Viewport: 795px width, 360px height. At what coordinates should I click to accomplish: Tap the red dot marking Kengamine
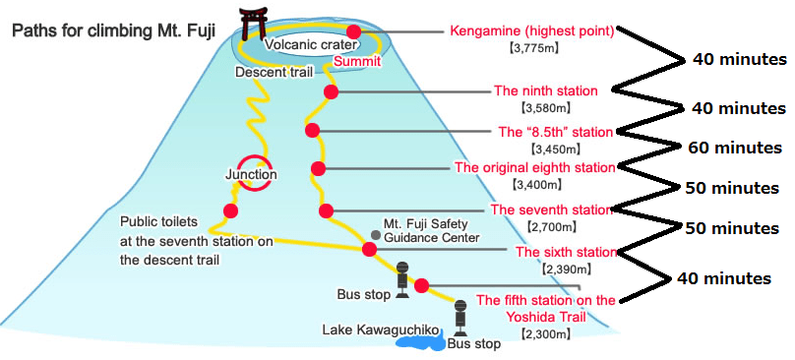[x=354, y=31]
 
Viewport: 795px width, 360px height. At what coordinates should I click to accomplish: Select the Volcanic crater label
[x=311, y=44]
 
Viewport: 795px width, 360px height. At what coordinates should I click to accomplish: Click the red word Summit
[x=356, y=61]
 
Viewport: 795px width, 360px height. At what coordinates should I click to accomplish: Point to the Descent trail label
[x=273, y=72]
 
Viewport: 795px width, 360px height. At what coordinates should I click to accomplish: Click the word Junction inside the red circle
[x=252, y=174]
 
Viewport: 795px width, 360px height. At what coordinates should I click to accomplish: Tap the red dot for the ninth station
[x=331, y=92]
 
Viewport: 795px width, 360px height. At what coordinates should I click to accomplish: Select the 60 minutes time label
[x=735, y=148]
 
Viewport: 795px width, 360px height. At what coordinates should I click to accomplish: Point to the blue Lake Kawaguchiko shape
[x=420, y=340]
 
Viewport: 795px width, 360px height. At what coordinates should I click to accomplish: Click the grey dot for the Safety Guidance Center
[x=376, y=235]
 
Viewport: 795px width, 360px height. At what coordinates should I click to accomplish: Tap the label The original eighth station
[x=535, y=167]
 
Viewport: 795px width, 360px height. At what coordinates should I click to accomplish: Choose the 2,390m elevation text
[x=566, y=270]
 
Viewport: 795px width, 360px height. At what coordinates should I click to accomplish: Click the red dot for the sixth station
[x=369, y=249]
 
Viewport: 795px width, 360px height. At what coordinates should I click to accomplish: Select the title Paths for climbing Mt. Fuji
[x=113, y=31]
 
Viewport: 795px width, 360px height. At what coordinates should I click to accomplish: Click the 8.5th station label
[x=556, y=133]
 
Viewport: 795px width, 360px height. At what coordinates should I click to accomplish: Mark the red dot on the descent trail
[x=230, y=210]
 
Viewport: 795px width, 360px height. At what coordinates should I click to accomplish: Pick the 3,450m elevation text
[x=555, y=150]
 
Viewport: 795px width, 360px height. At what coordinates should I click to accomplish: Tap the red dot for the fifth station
[x=421, y=286]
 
